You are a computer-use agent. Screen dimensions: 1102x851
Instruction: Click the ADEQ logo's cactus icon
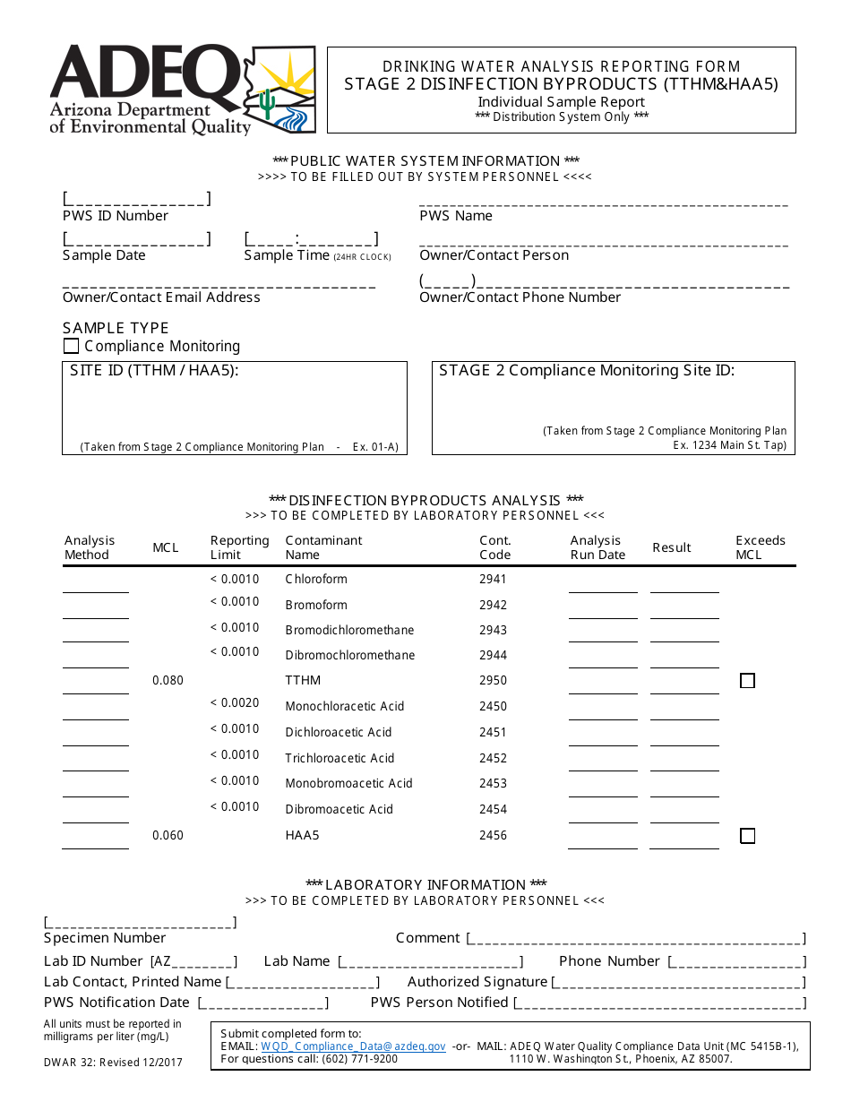tap(266, 103)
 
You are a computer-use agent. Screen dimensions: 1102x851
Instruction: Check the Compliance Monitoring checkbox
tap(72, 346)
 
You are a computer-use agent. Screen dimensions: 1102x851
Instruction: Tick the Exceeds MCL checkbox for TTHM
tap(747, 681)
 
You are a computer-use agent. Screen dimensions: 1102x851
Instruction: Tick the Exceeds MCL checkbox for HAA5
tap(747, 836)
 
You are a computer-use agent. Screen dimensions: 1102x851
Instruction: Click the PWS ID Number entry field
tap(136, 199)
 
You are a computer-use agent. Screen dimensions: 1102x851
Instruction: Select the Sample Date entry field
tap(136, 239)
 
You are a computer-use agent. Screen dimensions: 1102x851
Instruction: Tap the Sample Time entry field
tap(311, 239)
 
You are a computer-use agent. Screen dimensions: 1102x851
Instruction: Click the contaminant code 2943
tap(493, 630)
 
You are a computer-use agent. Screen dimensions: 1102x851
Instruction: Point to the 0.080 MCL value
tap(168, 680)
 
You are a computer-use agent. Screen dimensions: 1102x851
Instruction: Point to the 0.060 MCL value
tap(168, 835)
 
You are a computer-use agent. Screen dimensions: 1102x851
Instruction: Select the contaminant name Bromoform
tap(316, 605)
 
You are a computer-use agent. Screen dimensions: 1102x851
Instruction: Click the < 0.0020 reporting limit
tap(235, 703)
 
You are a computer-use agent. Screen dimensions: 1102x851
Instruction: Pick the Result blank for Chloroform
tap(684, 583)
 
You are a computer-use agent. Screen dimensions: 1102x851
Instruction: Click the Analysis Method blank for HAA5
tap(95, 839)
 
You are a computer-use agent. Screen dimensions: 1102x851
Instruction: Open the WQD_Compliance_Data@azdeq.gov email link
tap(353, 1046)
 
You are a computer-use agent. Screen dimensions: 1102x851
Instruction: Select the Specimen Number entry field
tap(140, 922)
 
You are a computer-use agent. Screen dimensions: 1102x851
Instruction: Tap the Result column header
tap(672, 547)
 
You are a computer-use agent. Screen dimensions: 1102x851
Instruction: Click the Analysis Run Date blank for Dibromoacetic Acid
tap(603, 814)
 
